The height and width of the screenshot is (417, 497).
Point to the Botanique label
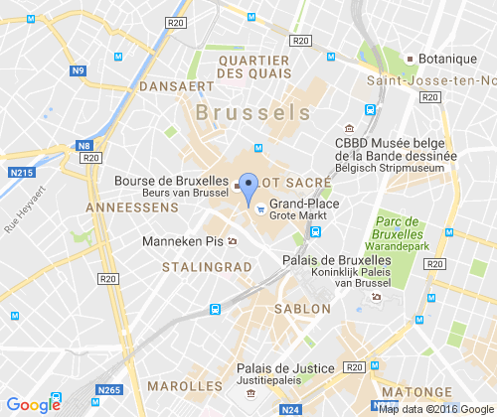pyautogui.click(x=447, y=59)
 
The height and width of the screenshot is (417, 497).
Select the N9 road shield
pyautogui.click(x=79, y=70)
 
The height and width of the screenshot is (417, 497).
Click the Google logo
pyautogui.click(x=33, y=404)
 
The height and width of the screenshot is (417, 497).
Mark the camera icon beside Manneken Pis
pyautogui.click(x=232, y=240)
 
